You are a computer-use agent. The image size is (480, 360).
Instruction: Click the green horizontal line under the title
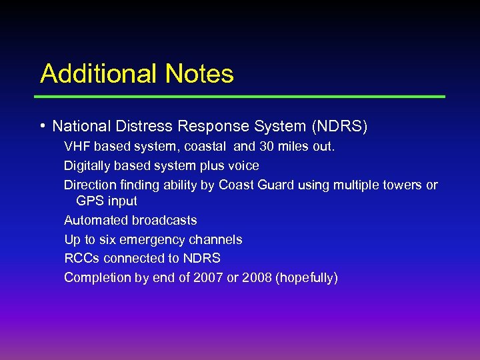[240, 97]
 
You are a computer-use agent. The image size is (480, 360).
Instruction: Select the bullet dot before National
[43, 125]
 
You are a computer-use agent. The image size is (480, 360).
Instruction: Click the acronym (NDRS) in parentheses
[340, 126]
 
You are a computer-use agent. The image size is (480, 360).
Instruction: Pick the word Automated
[93, 220]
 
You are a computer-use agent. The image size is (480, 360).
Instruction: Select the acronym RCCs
[81, 258]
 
